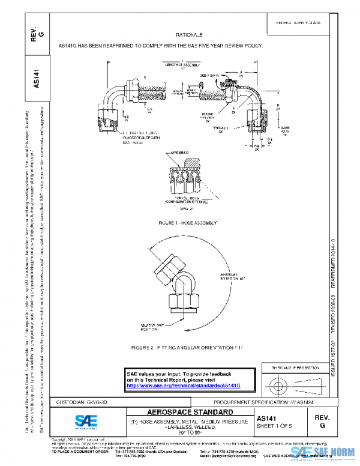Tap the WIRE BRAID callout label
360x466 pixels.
tap(181, 154)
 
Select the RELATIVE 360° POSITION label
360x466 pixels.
tap(153, 326)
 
